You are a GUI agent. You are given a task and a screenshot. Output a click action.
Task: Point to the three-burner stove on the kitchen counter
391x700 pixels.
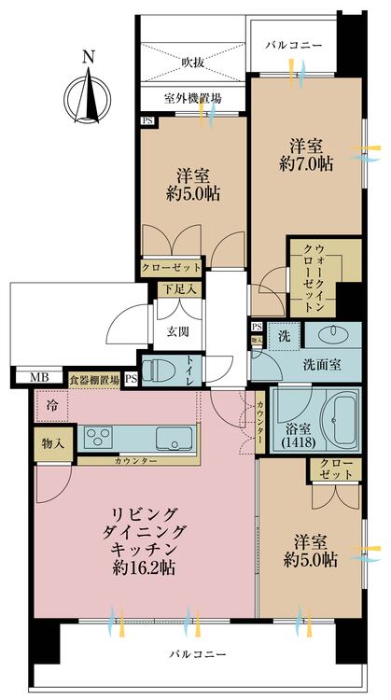pyautogui.click(x=98, y=437)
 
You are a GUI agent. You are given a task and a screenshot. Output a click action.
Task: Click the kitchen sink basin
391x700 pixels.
pyautogui.click(x=175, y=438)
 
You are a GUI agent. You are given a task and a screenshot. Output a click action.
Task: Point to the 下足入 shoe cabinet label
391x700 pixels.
pyautogui.click(x=179, y=289)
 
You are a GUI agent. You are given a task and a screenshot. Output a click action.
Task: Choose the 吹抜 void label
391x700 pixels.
pyautogui.click(x=193, y=63)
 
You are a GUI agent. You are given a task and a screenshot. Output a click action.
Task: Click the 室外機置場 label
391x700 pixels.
pyautogui.click(x=193, y=98)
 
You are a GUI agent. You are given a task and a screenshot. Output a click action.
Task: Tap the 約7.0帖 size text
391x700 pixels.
pyautogui.click(x=306, y=164)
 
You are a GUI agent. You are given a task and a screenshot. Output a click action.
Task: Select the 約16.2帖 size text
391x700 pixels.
pyautogui.click(x=144, y=568)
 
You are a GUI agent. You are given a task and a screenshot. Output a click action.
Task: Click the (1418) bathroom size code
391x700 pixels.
pyautogui.click(x=299, y=443)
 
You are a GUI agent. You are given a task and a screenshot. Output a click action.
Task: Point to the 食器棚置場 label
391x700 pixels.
pyautogui.click(x=94, y=381)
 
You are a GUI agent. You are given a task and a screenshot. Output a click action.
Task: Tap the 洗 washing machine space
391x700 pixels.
pyautogui.click(x=285, y=336)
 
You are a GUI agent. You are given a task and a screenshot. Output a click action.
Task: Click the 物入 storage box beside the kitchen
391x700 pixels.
pyautogui.click(x=53, y=443)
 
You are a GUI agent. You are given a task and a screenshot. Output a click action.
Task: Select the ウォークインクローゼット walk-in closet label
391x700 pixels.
pyautogui.click(x=313, y=278)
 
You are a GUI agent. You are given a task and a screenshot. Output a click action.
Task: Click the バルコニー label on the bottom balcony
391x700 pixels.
pyautogui.click(x=197, y=654)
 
